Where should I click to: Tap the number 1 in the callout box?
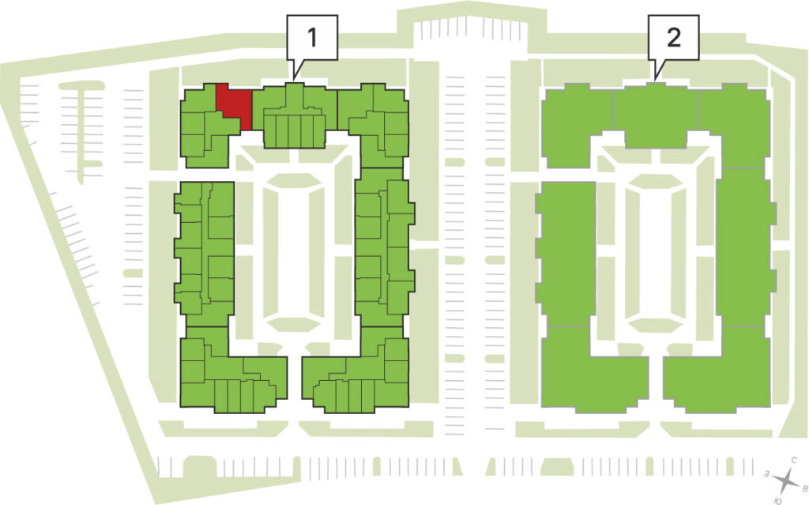(x=311, y=37)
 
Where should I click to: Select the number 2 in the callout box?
(x=673, y=37)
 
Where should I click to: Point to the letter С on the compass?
(x=794, y=460)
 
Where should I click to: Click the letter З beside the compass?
(x=768, y=473)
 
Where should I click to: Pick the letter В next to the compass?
(x=803, y=488)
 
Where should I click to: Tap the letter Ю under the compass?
(x=777, y=500)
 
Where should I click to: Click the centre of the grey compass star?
(x=785, y=481)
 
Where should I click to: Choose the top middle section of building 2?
(x=656, y=115)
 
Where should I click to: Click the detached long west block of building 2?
(x=566, y=253)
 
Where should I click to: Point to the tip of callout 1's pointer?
(x=294, y=79)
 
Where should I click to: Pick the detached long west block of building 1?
(x=205, y=253)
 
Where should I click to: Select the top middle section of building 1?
(x=294, y=115)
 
